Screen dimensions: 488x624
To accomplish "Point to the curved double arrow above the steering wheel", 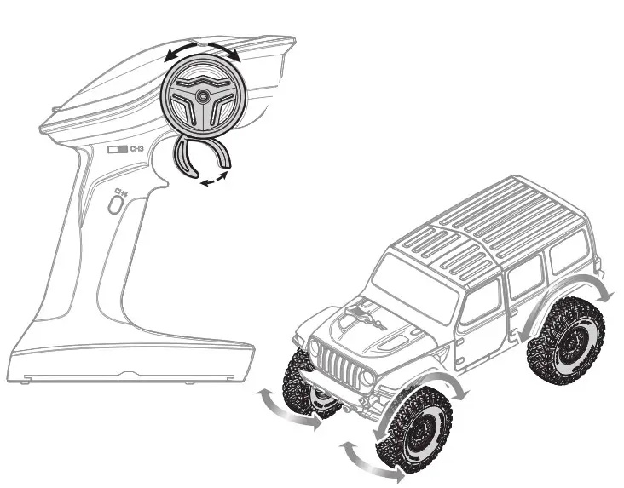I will pyautogui.click(x=203, y=48).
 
